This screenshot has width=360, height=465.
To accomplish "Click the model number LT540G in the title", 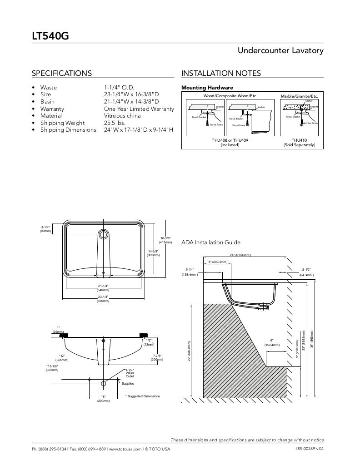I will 50,35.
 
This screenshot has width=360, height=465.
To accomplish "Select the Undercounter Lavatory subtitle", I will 280,50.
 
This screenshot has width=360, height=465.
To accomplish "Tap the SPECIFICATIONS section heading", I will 61,73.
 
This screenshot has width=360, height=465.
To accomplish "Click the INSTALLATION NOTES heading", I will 221,73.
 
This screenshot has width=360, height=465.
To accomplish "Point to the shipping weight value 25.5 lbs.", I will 115,123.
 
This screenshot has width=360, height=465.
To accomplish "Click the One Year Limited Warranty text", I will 139,109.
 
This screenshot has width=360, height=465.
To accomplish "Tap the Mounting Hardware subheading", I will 207,88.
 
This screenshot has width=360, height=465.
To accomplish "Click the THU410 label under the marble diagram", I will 299,140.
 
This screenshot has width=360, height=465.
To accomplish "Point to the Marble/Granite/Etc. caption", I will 299,96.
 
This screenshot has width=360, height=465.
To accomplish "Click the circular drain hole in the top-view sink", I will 104,234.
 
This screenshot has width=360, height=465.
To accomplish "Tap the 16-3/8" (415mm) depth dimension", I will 165,240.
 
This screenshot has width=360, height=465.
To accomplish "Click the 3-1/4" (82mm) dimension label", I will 45,229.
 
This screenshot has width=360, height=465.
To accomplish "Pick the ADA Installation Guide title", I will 211,242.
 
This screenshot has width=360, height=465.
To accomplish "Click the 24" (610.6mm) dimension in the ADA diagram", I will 240,255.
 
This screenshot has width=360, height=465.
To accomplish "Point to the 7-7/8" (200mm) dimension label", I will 157,357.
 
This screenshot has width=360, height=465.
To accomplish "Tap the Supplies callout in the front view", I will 128,384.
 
